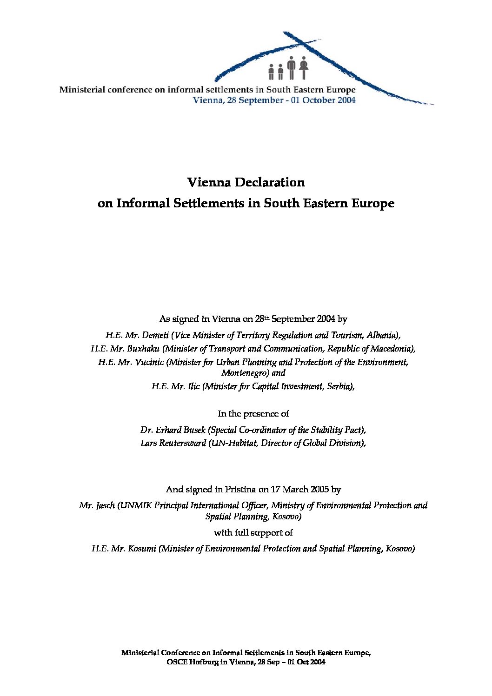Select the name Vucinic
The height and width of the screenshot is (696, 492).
tap(149, 362)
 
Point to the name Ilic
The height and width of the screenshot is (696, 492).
tap(193, 386)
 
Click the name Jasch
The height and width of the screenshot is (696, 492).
tap(105, 505)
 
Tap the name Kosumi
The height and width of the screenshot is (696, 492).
tap(140, 549)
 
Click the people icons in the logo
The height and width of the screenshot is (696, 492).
tap(288, 68)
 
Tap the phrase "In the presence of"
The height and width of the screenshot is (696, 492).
tap(253, 414)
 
